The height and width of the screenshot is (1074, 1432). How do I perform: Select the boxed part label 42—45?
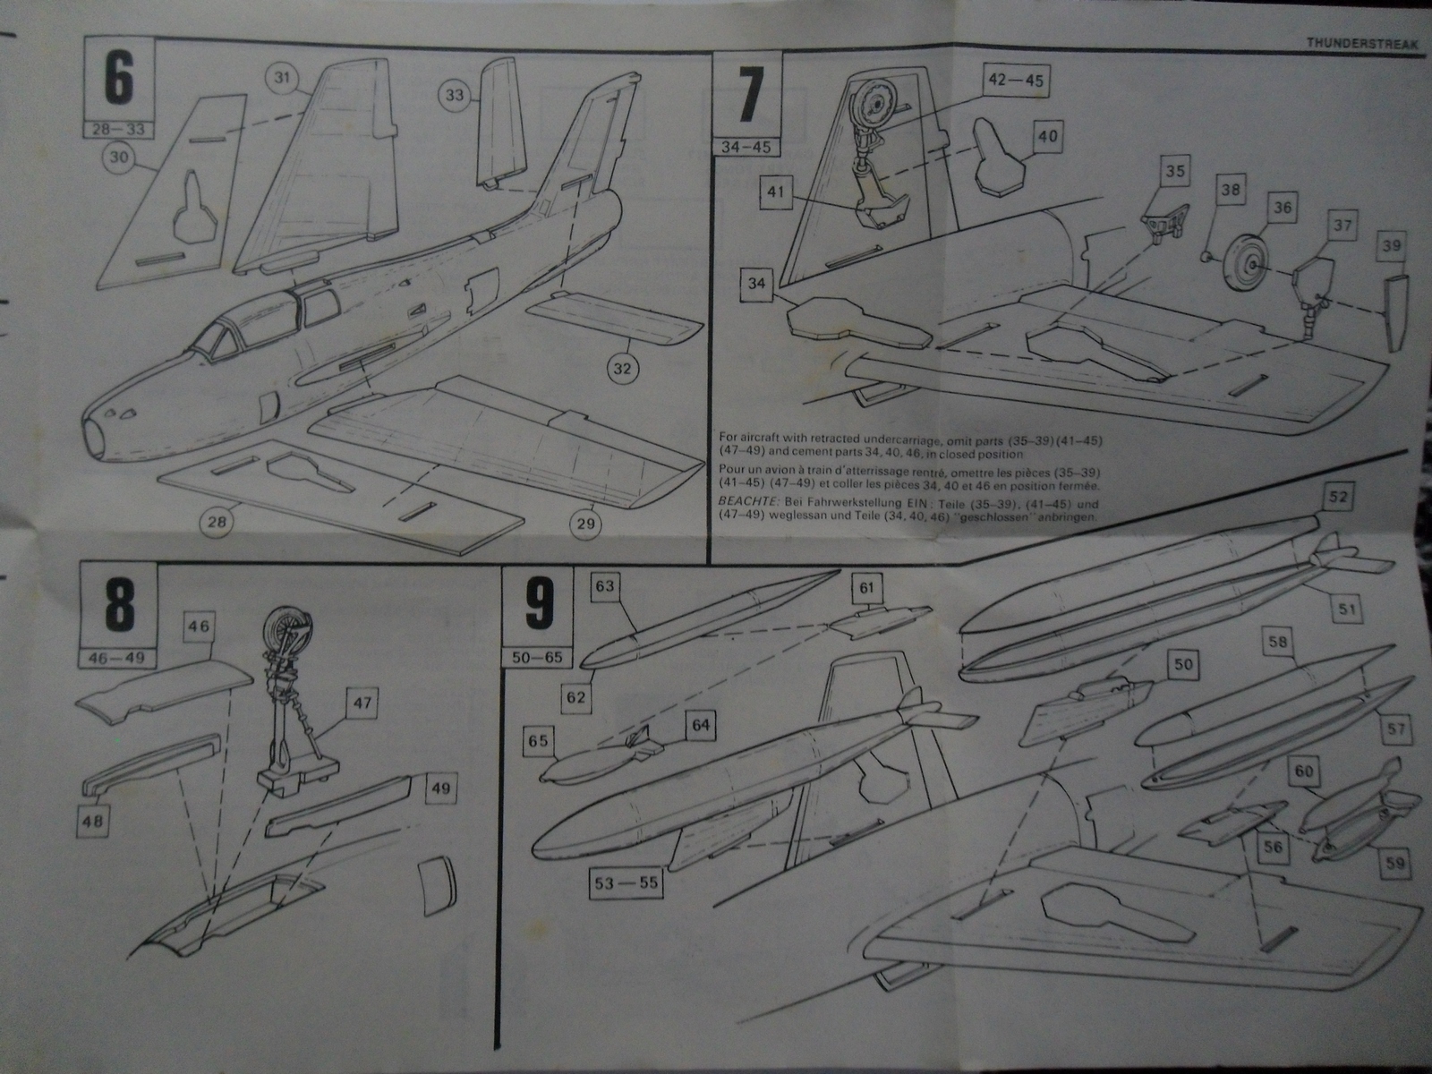[x=1015, y=80]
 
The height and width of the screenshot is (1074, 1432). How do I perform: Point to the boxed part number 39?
[x=1392, y=244]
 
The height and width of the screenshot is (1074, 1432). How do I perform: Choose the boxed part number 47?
[x=362, y=704]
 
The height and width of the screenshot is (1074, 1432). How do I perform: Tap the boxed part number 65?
[x=539, y=741]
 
